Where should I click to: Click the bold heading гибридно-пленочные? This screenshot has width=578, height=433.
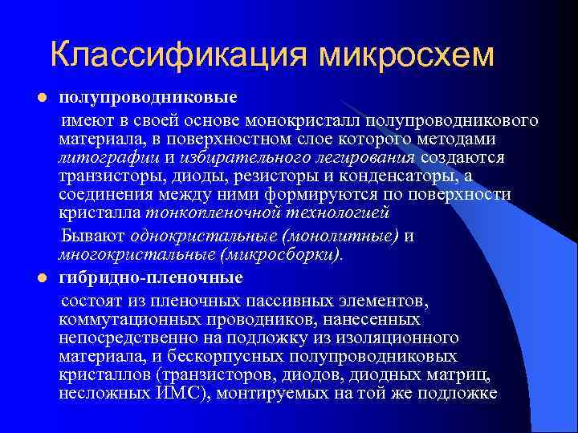151,277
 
